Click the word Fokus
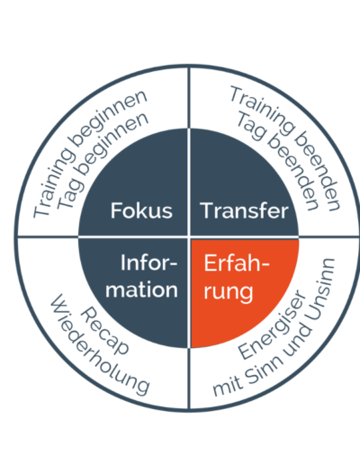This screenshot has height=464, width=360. tap(141, 210)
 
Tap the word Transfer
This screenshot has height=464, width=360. tap(244, 210)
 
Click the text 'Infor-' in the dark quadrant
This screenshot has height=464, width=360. tap(148, 263)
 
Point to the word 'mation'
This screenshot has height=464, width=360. tap(141, 290)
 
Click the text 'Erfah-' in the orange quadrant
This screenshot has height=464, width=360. tap(237, 263)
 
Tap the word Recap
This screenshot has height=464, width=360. tap(104, 331)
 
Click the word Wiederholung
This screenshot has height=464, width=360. tap(100, 344)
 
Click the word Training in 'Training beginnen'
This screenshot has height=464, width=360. tap(53, 182)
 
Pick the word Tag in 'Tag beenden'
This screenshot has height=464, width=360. tap(251, 127)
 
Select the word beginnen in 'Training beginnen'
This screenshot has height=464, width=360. tap(109, 117)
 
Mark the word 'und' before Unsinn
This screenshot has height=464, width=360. tap(297, 340)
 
